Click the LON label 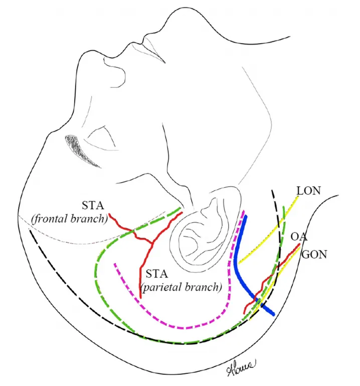[308, 191]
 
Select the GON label [314, 255]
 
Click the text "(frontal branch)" [69, 219]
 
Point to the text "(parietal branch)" [181, 287]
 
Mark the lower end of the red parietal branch [140, 298]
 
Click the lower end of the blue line [272, 314]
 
